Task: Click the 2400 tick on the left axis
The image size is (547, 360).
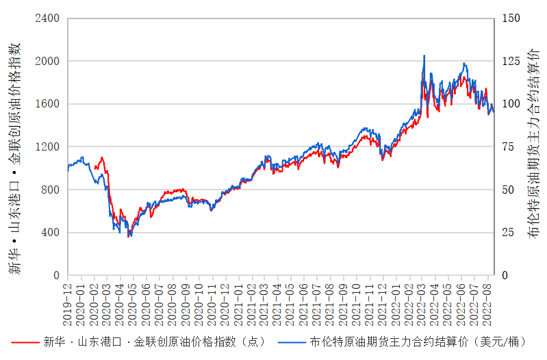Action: tap(47, 18)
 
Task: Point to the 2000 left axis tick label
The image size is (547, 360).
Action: tap(47, 61)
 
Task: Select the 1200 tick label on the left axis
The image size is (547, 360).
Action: tap(47, 146)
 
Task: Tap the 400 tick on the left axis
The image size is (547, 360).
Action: tap(50, 233)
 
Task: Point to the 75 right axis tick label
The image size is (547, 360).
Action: tap(509, 146)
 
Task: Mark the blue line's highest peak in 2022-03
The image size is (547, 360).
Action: tap(424, 55)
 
